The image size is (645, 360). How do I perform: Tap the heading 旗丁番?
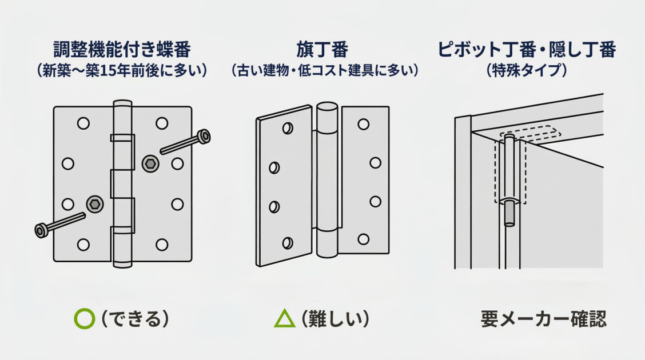[x=322, y=50]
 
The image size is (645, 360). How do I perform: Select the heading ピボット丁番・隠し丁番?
[x=526, y=50]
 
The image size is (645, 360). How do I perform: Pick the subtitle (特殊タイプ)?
[x=526, y=71]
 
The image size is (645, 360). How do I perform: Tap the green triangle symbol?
[x=284, y=319]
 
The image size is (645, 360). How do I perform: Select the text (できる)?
[x=135, y=319]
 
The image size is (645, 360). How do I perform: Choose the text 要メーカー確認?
[x=543, y=319]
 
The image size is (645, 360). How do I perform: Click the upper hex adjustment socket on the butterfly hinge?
[x=150, y=163]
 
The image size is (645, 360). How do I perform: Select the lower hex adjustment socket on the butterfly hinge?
[x=94, y=204]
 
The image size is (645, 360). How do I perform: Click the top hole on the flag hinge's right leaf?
[x=363, y=125]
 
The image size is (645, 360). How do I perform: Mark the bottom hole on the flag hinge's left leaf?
[x=287, y=242]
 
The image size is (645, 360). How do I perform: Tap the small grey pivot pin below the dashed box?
[x=508, y=214]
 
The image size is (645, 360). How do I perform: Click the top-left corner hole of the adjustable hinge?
[x=83, y=123]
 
